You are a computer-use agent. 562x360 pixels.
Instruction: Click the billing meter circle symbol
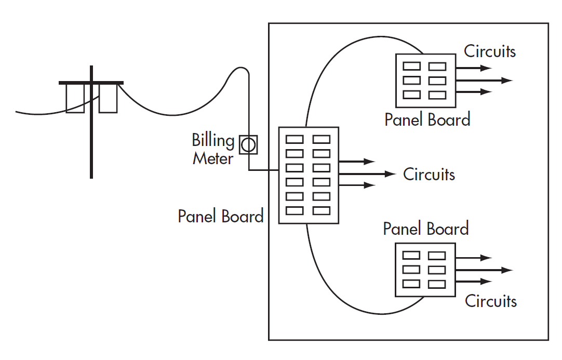pyautogui.click(x=249, y=144)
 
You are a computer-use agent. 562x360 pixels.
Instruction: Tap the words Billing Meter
pyautogui.click(x=213, y=149)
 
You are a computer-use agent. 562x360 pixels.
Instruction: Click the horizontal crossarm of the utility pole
pyautogui.click(x=91, y=83)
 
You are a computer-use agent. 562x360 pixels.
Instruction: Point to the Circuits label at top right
pyautogui.click(x=489, y=51)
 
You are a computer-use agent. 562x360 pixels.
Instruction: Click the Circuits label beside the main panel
pyautogui.click(x=429, y=174)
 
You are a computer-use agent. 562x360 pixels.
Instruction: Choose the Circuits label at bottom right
pyautogui.click(x=490, y=301)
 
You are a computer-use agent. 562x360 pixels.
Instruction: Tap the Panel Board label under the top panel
pyautogui.click(x=427, y=119)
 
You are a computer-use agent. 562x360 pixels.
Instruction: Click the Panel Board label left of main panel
pyautogui.click(x=220, y=216)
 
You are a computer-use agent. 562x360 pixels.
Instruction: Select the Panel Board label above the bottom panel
pyautogui.click(x=425, y=229)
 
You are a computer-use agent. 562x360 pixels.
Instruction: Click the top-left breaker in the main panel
pyautogui.click(x=295, y=139)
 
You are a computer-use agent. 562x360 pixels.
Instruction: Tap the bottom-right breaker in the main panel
pyautogui.click(x=322, y=211)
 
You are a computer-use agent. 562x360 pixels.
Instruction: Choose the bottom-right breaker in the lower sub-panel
pyautogui.click(x=437, y=284)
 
